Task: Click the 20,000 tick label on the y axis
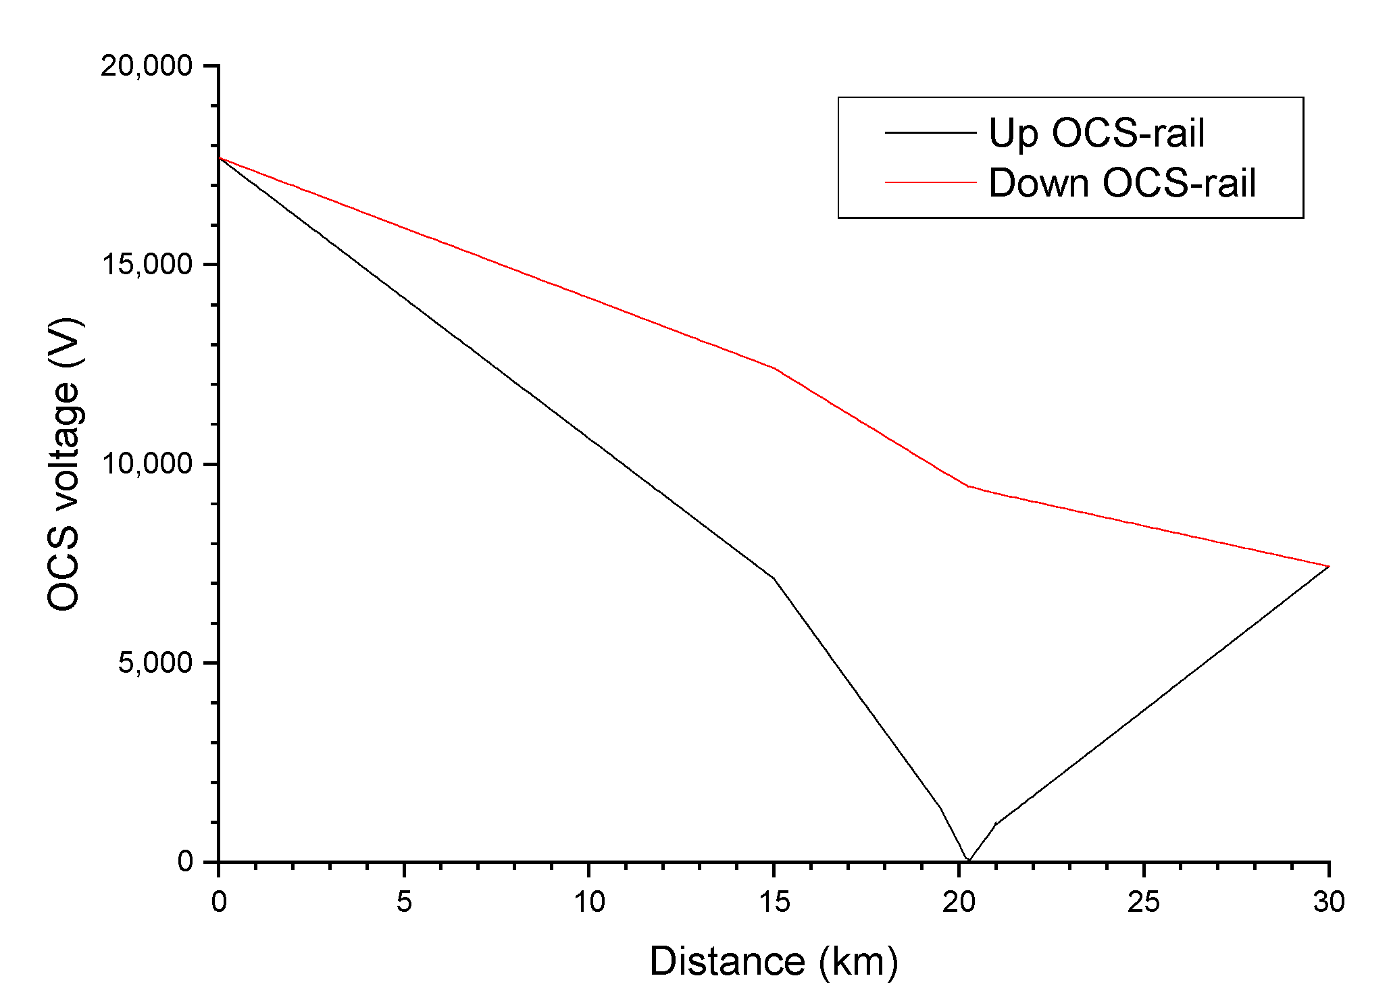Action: (147, 66)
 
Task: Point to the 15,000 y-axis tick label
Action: (147, 265)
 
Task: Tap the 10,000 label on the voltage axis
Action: (147, 464)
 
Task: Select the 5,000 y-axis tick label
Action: (155, 663)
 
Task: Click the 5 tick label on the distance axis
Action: (404, 902)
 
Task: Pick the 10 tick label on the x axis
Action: (589, 902)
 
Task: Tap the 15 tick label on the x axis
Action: (774, 902)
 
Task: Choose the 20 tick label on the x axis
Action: (959, 902)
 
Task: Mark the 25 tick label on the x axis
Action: (1144, 902)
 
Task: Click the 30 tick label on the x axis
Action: (1329, 902)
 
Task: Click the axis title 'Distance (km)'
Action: (774, 961)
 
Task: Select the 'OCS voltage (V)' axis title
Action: (64, 464)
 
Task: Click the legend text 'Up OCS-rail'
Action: (1096, 133)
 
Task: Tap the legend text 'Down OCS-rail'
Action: (1121, 183)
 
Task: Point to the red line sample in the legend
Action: (930, 183)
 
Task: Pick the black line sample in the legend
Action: (930, 133)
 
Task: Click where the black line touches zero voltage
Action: (968, 861)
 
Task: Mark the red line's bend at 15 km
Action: (774, 368)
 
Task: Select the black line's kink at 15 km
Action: (774, 579)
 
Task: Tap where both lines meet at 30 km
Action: (1328, 566)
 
